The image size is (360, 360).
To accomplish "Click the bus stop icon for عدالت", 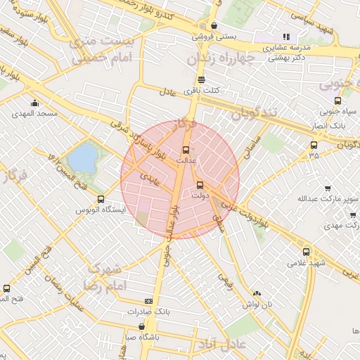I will click(x=186, y=150).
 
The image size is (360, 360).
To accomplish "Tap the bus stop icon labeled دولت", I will click(x=200, y=186).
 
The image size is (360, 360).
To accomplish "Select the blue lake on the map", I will click(x=82, y=157).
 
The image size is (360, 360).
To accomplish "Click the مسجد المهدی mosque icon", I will click(x=34, y=103).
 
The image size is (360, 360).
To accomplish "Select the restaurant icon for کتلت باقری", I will click(x=202, y=79).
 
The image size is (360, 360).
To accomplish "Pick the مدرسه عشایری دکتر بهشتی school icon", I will click(x=285, y=37).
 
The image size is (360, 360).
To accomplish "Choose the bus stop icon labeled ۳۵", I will click(x=313, y=146).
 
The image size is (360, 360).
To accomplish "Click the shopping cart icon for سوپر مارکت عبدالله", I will click(x=328, y=188).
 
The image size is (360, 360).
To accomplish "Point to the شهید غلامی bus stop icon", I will click(x=306, y=251).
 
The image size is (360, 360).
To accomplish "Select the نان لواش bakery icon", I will click(x=257, y=293).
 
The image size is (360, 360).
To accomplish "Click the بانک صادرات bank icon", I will click(x=148, y=300).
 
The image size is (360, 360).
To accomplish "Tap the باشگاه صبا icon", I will click(x=142, y=326).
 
